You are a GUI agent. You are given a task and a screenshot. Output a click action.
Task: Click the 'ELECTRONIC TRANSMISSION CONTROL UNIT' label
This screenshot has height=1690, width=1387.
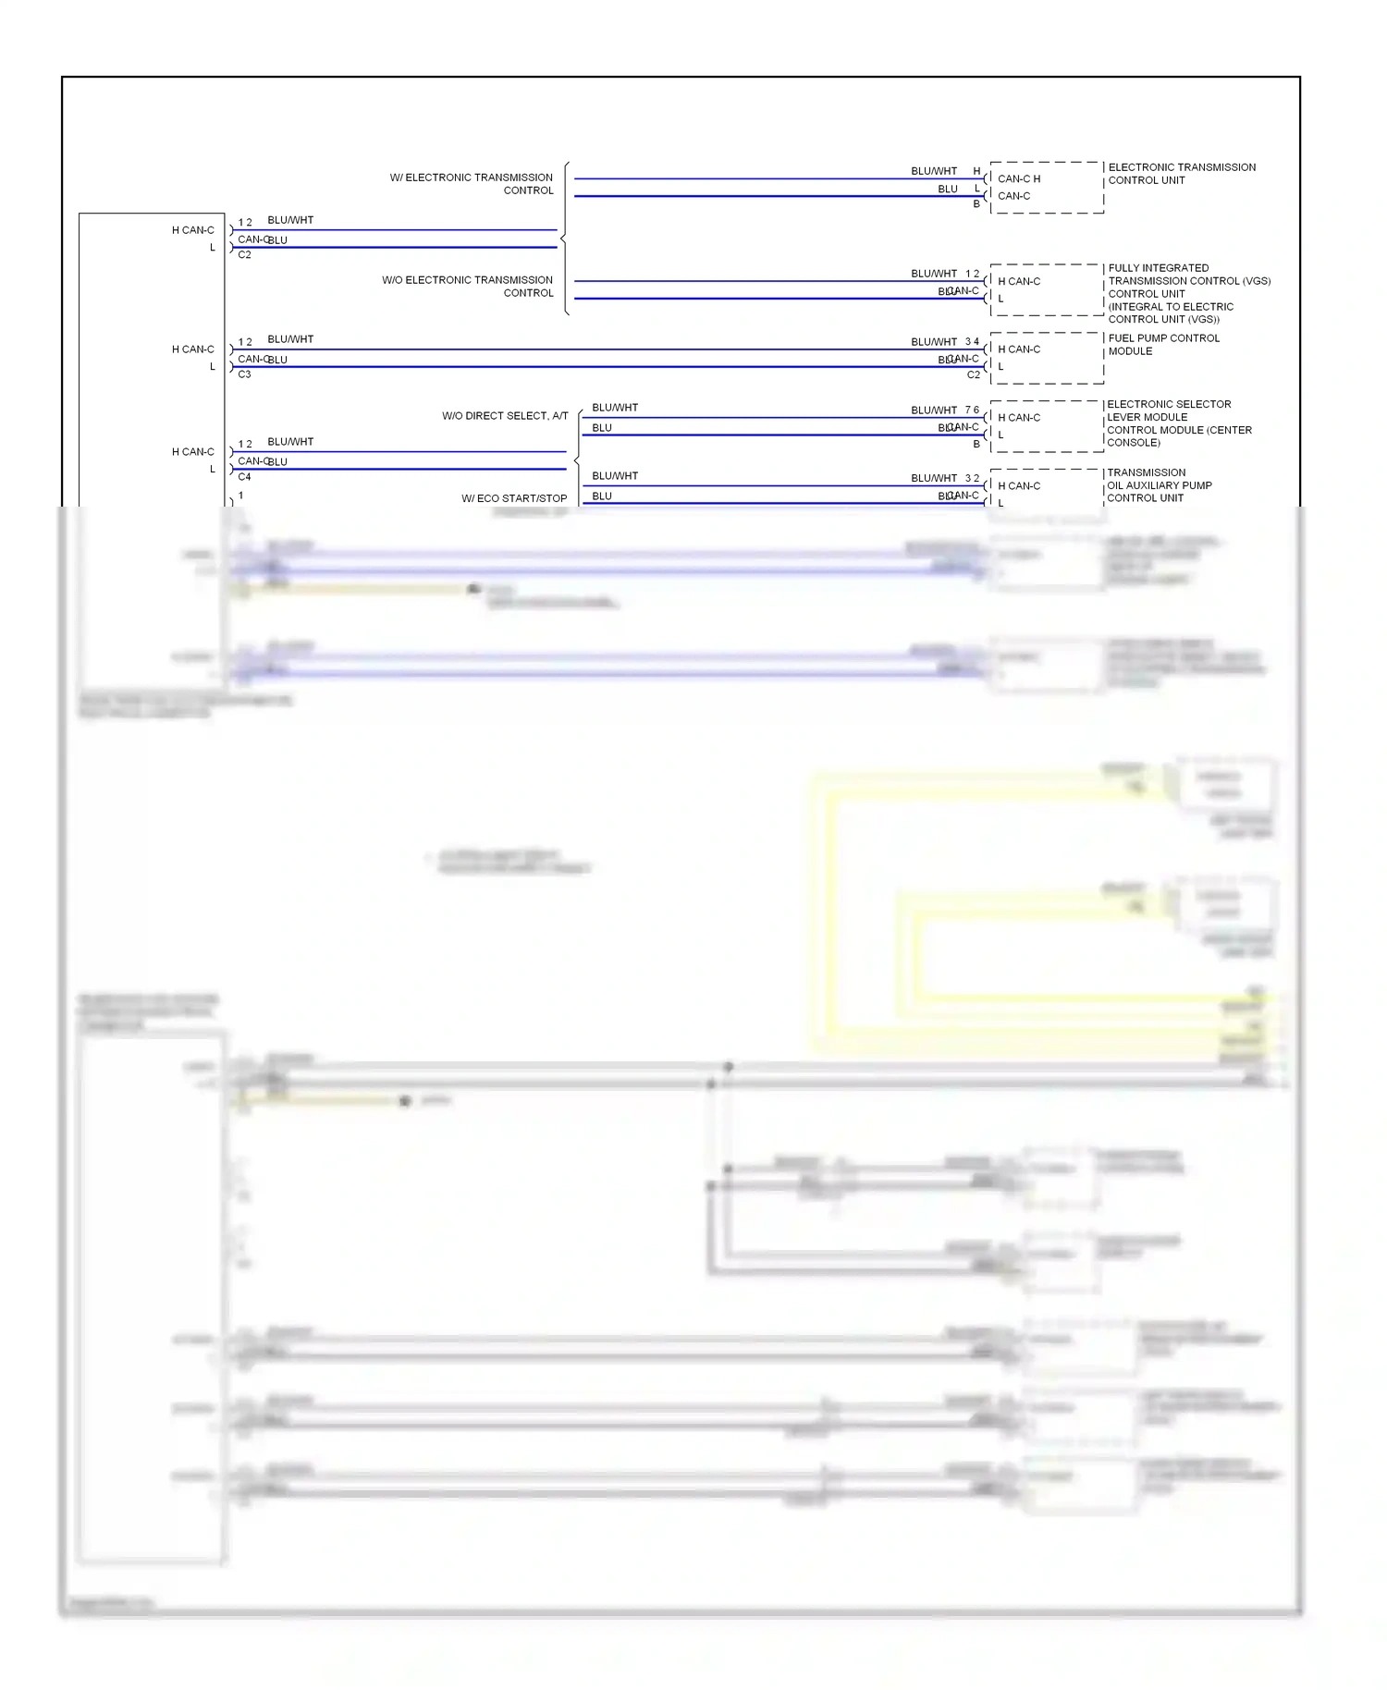click(1181, 174)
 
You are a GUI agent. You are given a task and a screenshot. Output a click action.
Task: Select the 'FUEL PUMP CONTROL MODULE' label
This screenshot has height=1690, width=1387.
click(1163, 345)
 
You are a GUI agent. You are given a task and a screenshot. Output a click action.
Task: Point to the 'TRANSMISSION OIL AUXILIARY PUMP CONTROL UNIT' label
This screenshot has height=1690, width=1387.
click(1159, 485)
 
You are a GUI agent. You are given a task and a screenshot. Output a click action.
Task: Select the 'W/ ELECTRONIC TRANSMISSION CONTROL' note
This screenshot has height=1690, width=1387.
click(472, 184)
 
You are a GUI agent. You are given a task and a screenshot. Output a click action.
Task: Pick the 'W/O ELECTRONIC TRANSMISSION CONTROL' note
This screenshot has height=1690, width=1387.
click(468, 287)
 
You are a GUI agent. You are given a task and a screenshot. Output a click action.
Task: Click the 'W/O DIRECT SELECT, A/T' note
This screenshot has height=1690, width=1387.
click(505, 416)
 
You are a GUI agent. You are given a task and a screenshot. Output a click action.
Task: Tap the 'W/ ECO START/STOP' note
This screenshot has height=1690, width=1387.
click(514, 498)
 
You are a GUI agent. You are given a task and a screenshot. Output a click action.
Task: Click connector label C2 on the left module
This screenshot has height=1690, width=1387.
click(244, 255)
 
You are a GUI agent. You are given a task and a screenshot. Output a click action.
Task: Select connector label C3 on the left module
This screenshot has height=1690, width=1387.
click(244, 374)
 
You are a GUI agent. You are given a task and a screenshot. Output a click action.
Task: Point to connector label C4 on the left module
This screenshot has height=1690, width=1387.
click(244, 477)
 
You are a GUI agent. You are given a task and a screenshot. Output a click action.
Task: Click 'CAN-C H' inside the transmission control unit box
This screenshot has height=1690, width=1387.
click(1018, 179)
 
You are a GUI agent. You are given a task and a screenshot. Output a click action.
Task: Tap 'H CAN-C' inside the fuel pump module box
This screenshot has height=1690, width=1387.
click(1018, 349)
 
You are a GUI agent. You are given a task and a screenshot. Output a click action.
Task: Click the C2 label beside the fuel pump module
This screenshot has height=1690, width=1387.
click(973, 375)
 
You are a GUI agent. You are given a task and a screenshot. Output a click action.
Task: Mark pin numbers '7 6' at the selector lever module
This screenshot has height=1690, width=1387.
click(972, 410)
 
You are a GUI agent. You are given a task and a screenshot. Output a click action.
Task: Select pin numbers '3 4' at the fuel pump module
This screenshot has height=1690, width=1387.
click(972, 342)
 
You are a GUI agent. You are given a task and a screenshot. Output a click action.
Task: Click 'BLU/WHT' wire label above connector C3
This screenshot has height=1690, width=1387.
click(290, 339)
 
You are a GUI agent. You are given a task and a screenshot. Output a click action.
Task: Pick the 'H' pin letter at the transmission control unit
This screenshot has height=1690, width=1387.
click(976, 171)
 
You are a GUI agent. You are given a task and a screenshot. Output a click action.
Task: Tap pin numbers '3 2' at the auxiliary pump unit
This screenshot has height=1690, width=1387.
click(972, 479)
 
